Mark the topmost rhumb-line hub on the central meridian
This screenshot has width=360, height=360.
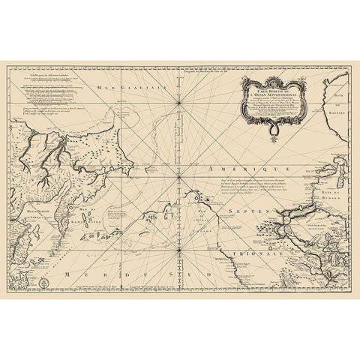pos(178,98)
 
